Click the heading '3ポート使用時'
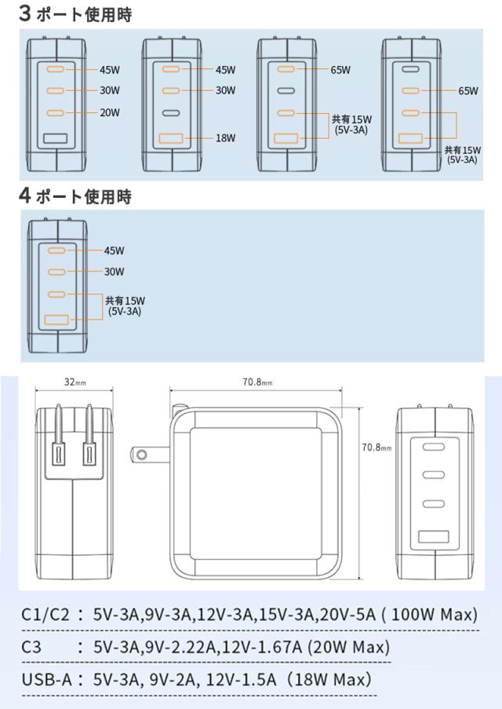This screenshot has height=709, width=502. tap(75, 13)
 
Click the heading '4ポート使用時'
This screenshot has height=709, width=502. tap(75, 196)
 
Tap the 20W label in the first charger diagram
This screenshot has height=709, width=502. tap(110, 112)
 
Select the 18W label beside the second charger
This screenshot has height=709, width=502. tap(225, 138)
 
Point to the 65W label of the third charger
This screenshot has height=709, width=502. tap(340, 70)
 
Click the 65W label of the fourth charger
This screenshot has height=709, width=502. tap(468, 91)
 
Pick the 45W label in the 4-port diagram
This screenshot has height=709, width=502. tap(115, 251)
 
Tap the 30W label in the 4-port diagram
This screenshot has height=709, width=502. tap(115, 272)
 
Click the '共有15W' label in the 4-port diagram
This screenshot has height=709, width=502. tap(125, 300)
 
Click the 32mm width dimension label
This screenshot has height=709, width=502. tap(75, 382)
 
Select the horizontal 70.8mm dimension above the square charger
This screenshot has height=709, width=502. tap(256, 382)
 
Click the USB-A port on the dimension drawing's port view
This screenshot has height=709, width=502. tap(433, 538)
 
